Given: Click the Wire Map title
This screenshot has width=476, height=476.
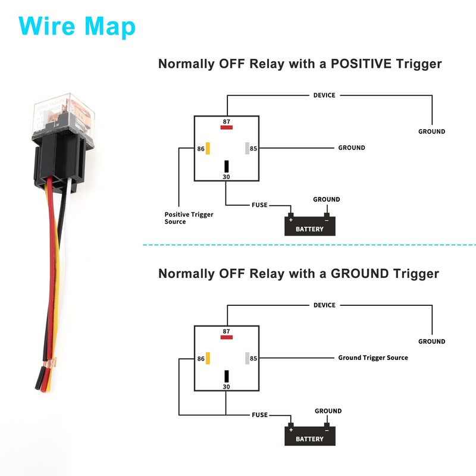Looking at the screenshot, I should (77, 27).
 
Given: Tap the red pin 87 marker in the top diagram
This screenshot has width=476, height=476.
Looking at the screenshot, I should (227, 127).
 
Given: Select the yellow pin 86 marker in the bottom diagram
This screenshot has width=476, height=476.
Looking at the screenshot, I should (208, 358).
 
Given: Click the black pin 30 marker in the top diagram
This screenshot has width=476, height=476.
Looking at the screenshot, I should (227, 167).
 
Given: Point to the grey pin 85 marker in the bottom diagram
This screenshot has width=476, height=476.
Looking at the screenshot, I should (246, 358).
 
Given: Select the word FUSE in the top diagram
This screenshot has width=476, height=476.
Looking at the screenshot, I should (259, 205).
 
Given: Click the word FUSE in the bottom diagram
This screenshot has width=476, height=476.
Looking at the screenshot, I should (259, 415).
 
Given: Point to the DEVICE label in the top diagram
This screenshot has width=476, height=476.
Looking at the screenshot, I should (324, 95).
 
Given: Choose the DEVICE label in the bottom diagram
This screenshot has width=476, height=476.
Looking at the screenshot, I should (324, 305).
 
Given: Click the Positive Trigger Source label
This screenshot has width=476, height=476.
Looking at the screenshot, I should (189, 218).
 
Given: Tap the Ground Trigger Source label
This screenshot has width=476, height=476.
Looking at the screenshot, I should (373, 358).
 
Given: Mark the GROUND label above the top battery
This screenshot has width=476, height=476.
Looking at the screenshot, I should (327, 199).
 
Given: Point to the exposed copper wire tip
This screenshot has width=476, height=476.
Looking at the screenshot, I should (51, 361).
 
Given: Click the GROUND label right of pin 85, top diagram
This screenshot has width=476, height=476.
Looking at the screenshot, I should (352, 148).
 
